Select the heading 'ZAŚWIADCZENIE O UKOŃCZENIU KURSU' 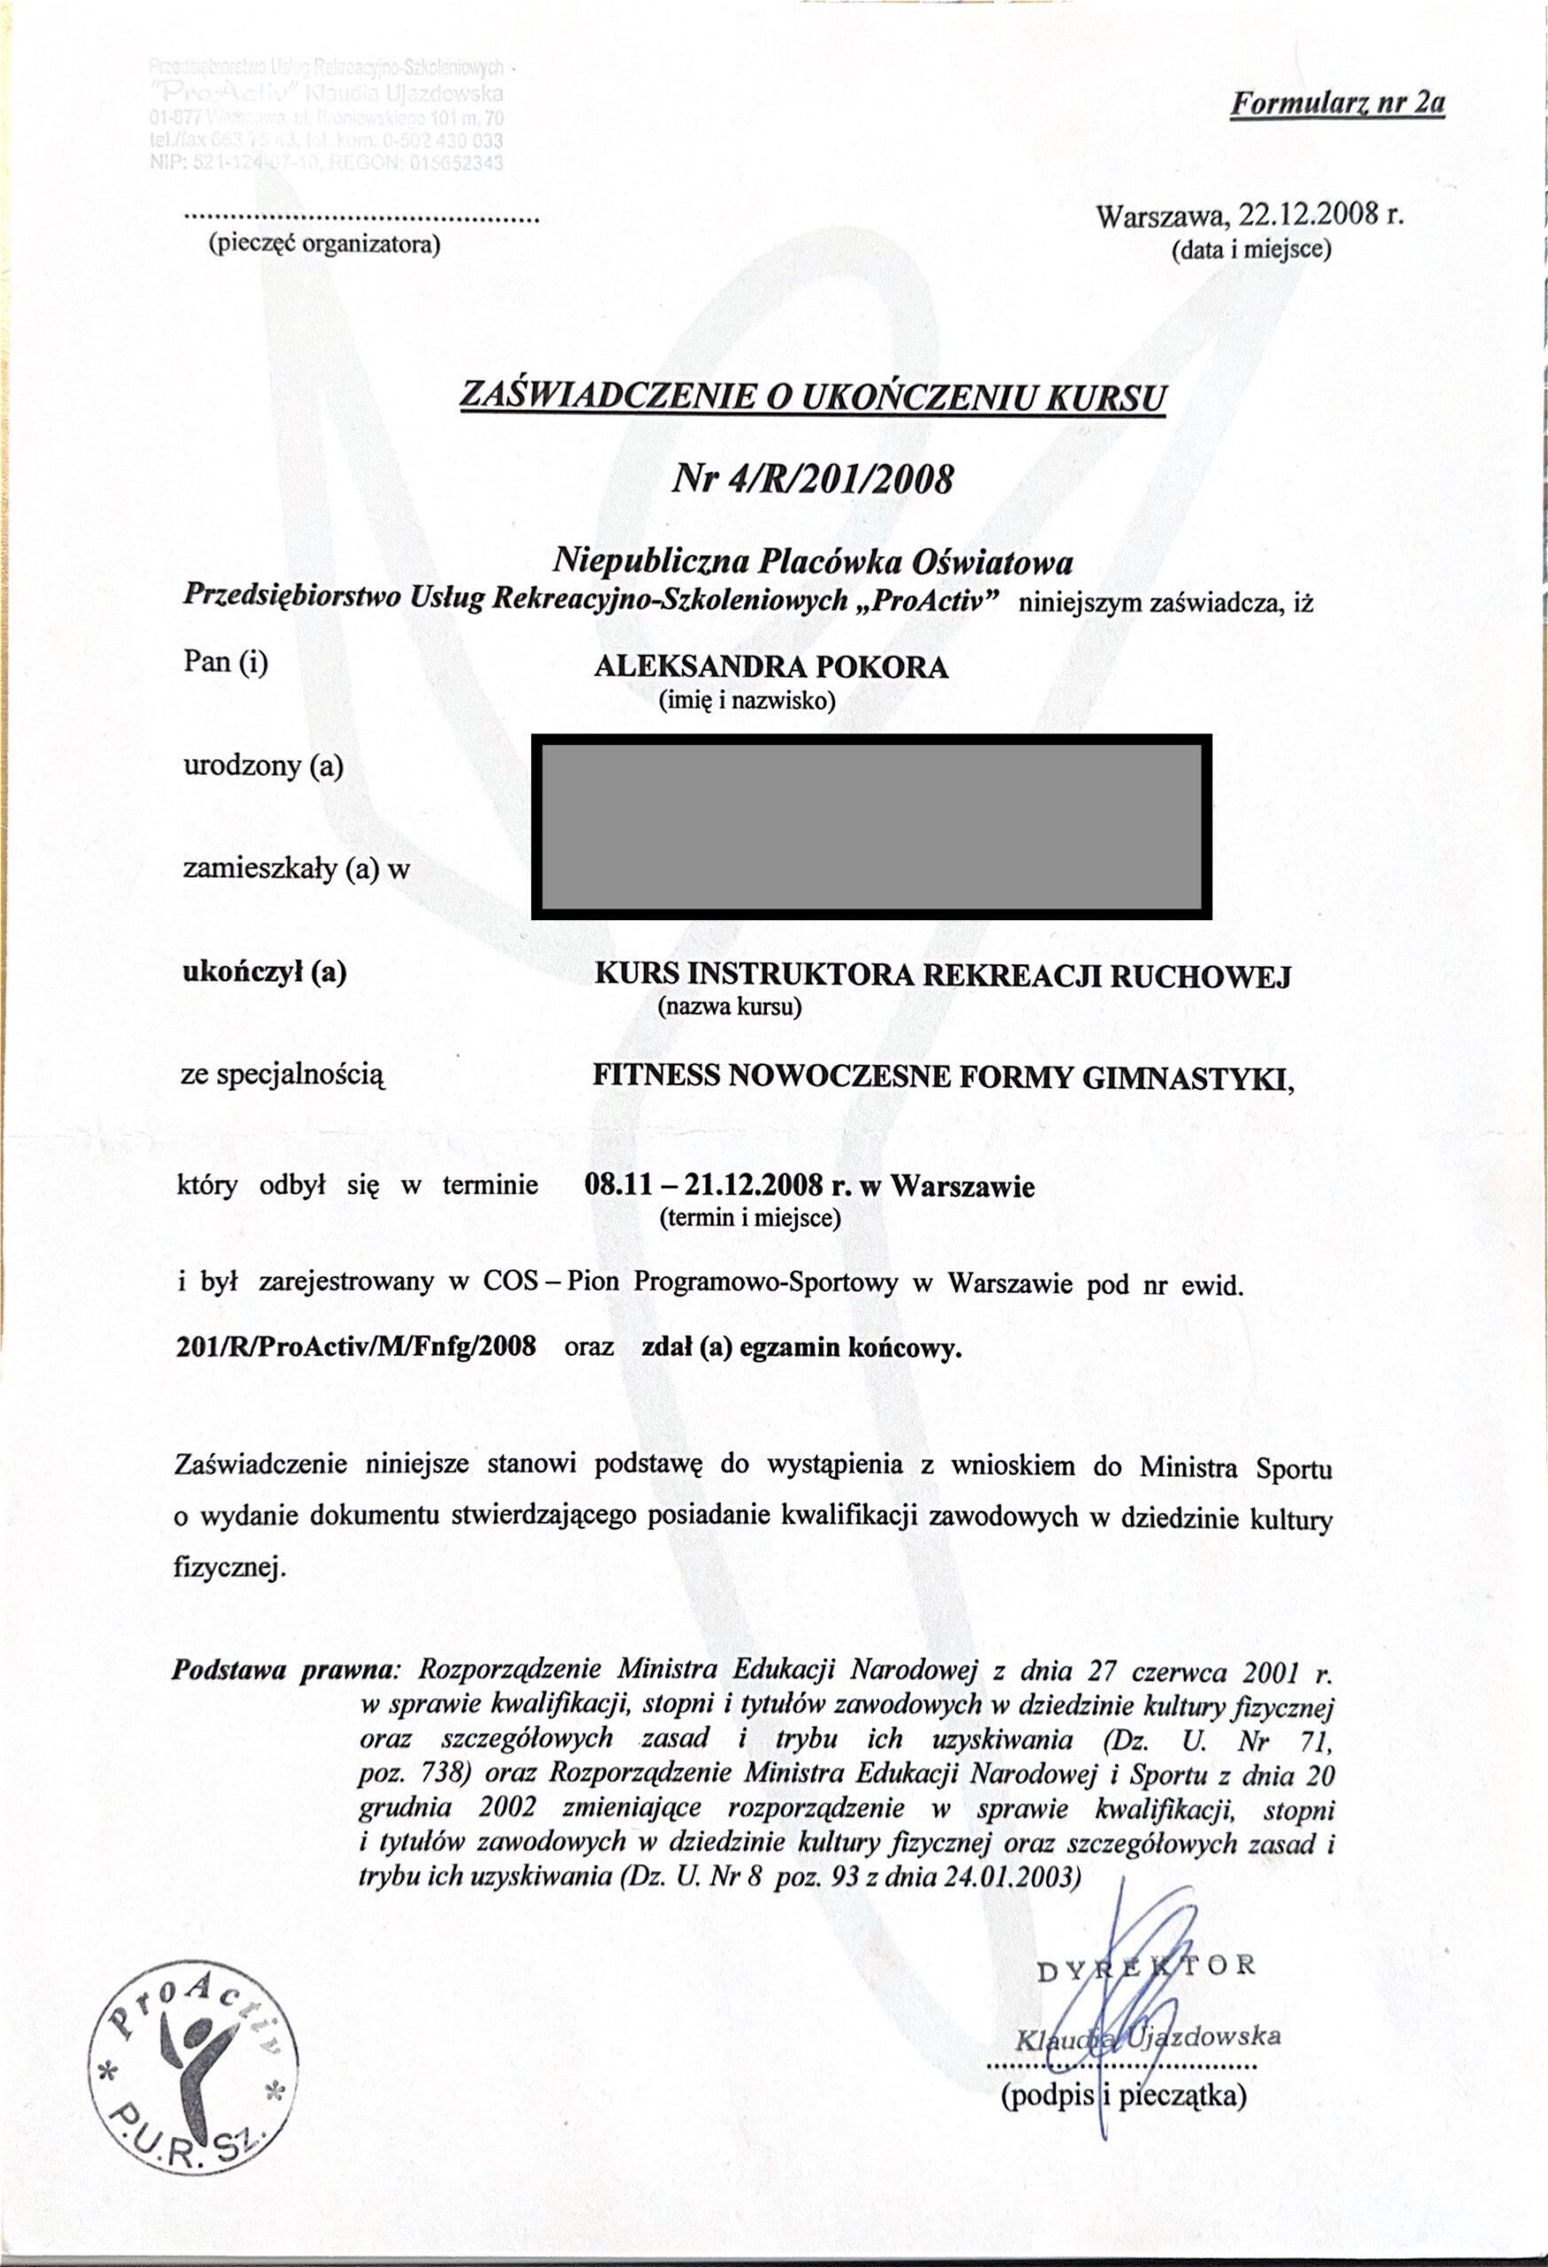point(811,396)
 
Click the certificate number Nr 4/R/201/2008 point(811,479)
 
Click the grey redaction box point(871,826)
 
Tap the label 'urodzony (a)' point(262,766)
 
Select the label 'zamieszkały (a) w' point(297,867)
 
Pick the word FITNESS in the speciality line point(656,1076)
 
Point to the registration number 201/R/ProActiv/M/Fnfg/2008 point(356,1346)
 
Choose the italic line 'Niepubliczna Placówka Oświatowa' point(813,561)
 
